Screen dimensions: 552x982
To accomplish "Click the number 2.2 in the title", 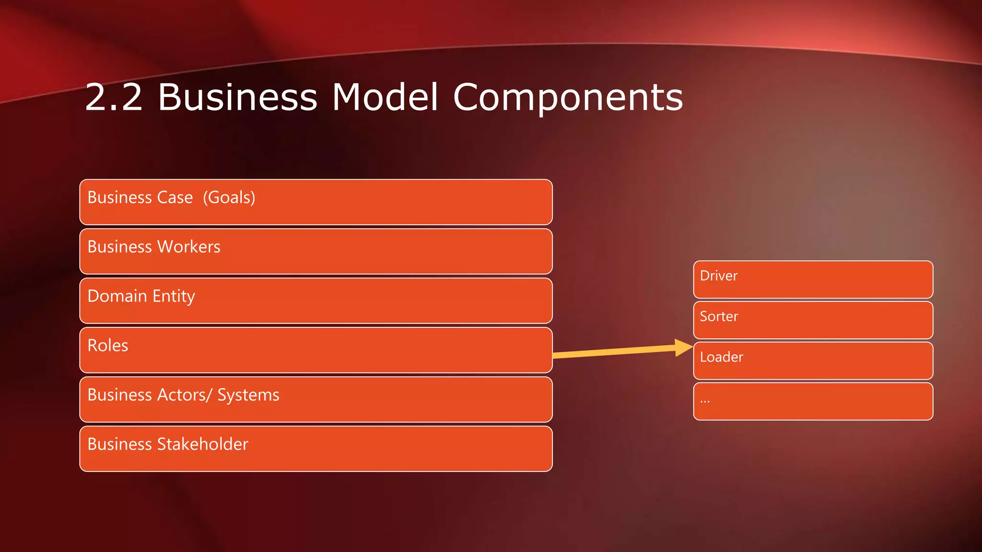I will pyautogui.click(x=114, y=97).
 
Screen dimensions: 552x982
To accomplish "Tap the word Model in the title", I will pyautogui.click(x=385, y=97).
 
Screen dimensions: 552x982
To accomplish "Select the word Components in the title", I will pyautogui.click(x=568, y=97).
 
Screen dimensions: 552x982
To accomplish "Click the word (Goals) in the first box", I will pyautogui.click(x=229, y=197).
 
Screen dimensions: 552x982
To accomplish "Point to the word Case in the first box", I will pyautogui.click(x=175, y=197).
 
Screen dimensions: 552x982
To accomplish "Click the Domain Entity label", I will pyautogui.click(x=141, y=296).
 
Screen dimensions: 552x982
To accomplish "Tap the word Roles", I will pyautogui.click(x=108, y=345).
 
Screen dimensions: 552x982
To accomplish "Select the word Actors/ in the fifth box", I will pyautogui.click(x=185, y=395).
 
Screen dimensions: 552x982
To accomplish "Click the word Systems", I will pyautogui.click(x=248, y=395).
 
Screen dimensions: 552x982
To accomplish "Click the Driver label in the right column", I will pyautogui.click(x=718, y=276).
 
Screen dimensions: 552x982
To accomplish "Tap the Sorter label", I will pyautogui.click(x=719, y=316).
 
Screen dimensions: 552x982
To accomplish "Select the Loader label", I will pyautogui.click(x=721, y=357).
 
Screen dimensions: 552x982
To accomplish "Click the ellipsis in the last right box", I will pyautogui.click(x=705, y=401).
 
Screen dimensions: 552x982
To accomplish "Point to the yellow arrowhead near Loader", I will pyautogui.click(x=683, y=347).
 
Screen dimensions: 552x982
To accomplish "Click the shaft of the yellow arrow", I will pyautogui.click(x=614, y=352).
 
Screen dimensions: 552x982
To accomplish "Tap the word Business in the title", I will pyautogui.click(x=237, y=97).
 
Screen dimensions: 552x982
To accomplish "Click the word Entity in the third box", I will pyautogui.click(x=174, y=296).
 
